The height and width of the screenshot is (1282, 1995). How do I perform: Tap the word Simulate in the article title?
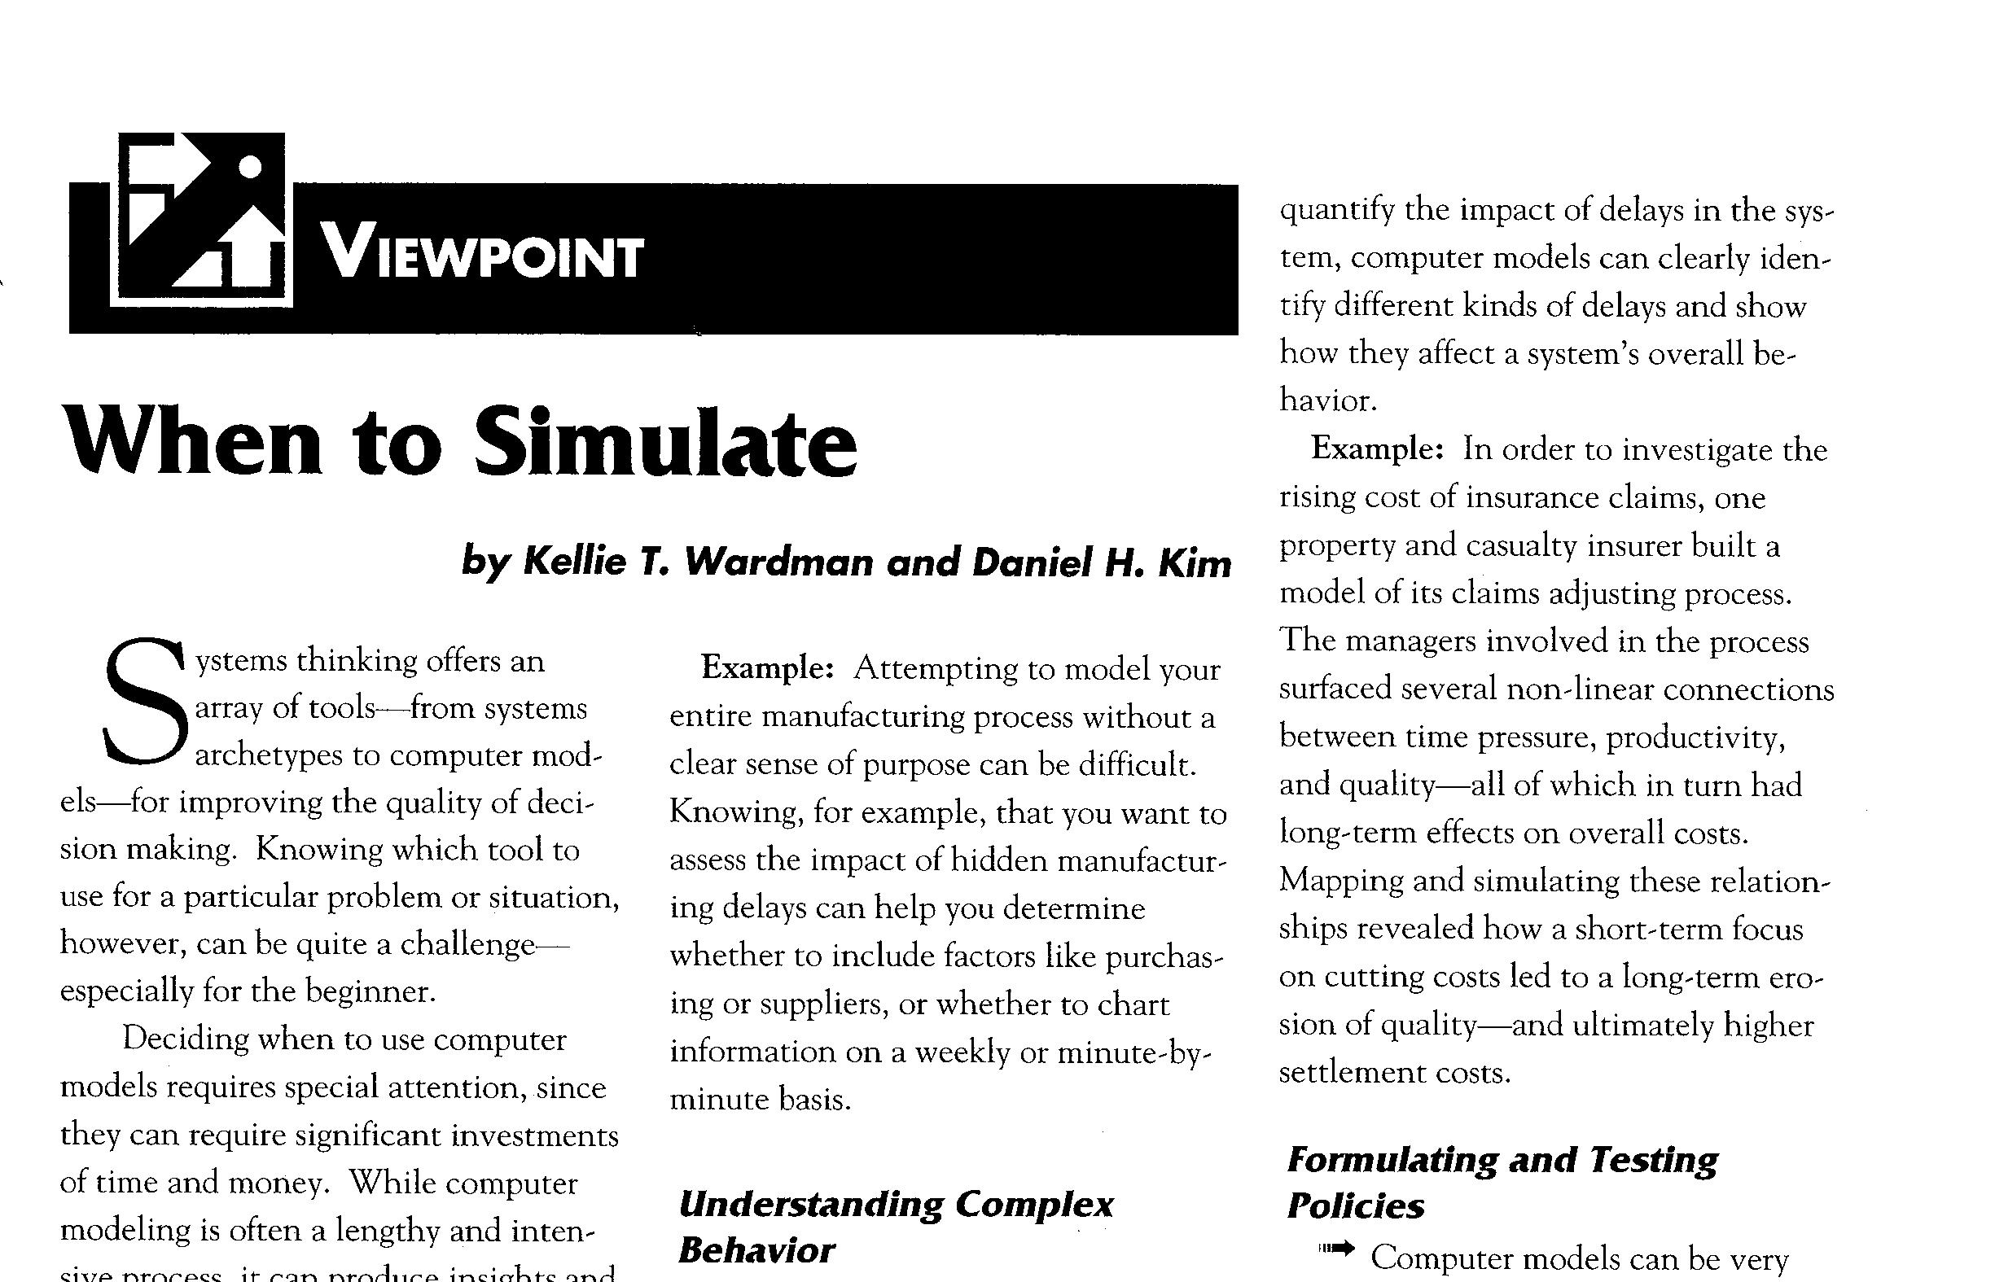(664, 443)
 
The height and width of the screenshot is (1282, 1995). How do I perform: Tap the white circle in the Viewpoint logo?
(250, 168)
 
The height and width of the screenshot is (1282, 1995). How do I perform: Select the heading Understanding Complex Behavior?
(895, 1226)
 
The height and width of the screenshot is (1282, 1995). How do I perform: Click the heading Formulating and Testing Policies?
(1502, 1181)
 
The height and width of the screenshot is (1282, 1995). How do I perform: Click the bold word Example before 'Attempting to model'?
(766, 668)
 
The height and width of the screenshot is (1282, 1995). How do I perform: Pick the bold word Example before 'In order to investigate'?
(1376, 449)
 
